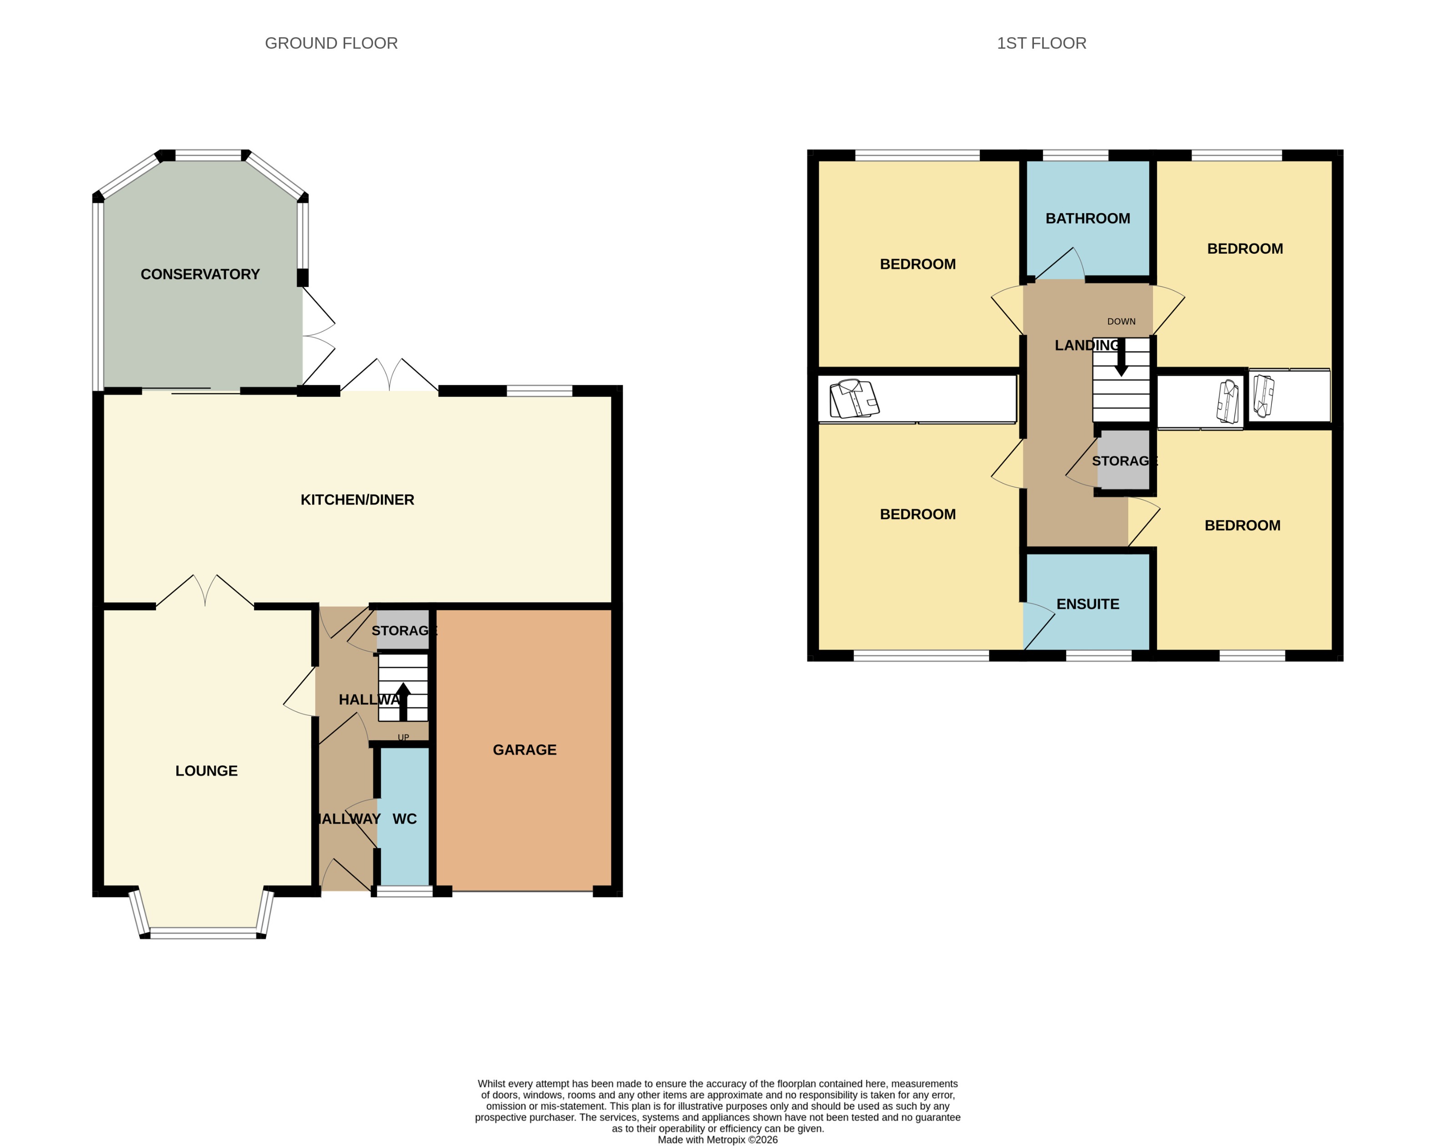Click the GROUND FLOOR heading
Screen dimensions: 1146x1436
[331, 43]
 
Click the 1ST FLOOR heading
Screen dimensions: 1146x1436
[1041, 43]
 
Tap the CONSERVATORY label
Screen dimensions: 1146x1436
[200, 274]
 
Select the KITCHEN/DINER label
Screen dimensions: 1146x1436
[357, 499]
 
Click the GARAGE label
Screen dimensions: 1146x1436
[524, 750]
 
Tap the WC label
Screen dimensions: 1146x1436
[404, 819]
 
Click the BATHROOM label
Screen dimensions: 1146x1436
[1087, 218]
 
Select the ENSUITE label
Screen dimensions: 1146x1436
[1087, 604]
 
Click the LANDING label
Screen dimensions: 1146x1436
[1086, 345]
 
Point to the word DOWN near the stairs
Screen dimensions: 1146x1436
[1121, 322]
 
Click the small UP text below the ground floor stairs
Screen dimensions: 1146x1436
[403, 737]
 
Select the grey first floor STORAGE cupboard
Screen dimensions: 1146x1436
[1124, 461]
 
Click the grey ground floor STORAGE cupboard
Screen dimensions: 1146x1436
[403, 630]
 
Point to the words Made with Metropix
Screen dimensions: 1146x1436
[700, 1139]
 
